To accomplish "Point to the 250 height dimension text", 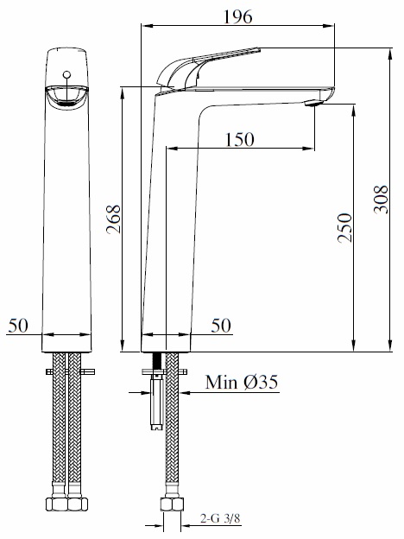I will click(x=344, y=230).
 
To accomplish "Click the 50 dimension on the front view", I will click(x=19, y=326).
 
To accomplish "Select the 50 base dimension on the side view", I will click(x=222, y=326).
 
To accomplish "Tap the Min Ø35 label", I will click(x=241, y=382).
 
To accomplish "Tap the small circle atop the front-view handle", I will click(x=66, y=74).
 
